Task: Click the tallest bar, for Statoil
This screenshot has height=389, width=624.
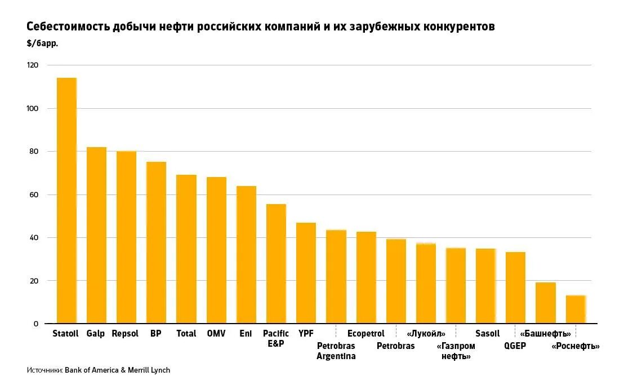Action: [x=66, y=201]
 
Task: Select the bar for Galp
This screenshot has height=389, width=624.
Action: [x=96, y=235]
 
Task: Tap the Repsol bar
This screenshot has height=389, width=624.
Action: [x=126, y=237]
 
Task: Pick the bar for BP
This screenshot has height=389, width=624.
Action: [x=156, y=242]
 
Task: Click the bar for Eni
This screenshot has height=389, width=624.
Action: [x=246, y=255]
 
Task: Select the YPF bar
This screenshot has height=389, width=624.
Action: [x=306, y=273]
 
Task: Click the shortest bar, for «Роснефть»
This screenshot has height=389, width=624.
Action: [x=576, y=310]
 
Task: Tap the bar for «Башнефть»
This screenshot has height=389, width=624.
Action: [x=545, y=303]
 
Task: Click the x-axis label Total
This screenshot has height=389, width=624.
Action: [x=186, y=333]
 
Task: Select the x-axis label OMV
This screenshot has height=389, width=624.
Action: [x=216, y=333]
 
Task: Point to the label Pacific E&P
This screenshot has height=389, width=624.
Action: [x=276, y=338]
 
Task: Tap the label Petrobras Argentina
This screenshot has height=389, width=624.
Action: [x=336, y=351]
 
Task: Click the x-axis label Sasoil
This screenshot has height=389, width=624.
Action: [x=487, y=333]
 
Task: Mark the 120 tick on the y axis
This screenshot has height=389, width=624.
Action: [x=32, y=65]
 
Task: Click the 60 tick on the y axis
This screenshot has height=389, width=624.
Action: [x=34, y=194]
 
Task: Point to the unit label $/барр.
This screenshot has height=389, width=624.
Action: [x=42, y=43]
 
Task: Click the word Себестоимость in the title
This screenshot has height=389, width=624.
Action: [x=68, y=26]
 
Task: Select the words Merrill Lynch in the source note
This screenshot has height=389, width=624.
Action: [x=149, y=370]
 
